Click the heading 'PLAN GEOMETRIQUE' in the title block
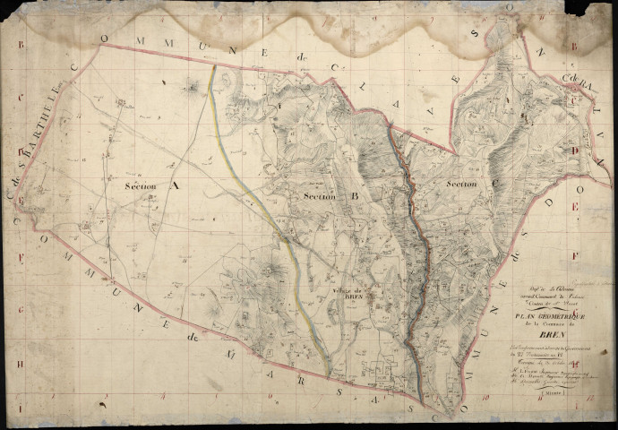[542, 315]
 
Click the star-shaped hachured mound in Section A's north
[191, 87]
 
